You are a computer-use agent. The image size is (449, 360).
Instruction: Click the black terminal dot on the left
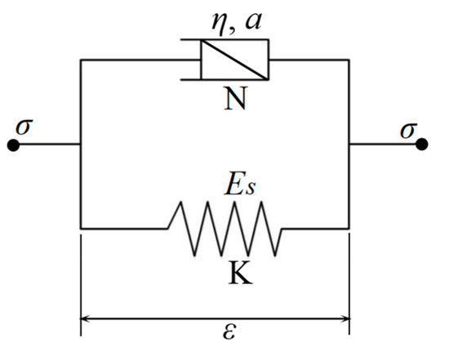[13, 144]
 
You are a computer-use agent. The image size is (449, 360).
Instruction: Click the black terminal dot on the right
[421, 144]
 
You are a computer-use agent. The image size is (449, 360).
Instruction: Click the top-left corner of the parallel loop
[80, 59]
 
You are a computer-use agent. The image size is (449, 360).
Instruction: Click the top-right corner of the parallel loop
[349, 59]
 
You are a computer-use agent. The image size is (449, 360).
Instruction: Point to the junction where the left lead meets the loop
[80, 144]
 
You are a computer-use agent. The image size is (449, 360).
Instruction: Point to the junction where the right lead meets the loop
[349, 144]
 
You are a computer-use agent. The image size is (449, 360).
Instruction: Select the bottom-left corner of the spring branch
[80, 229]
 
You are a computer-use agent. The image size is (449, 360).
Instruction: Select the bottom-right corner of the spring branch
[349, 229]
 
